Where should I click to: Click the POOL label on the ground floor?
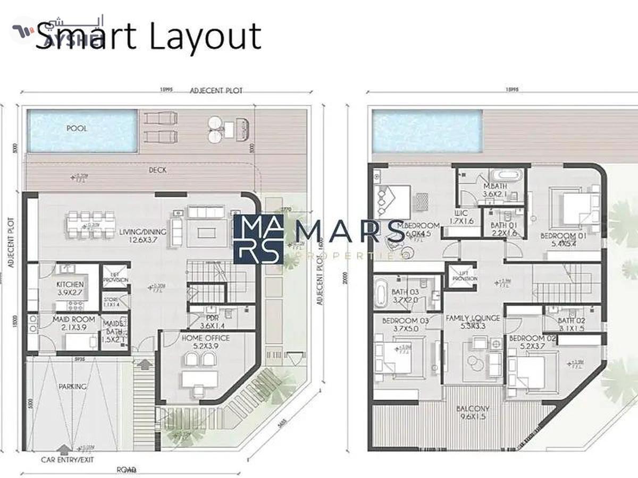pyautogui.click(x=77, y=129)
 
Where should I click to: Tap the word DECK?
pyautogui.click(x=157, y=170)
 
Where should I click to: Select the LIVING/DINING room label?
pyautogui.click(x=142, y=232)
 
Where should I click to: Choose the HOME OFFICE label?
pyautogui.click(x=206, y=338)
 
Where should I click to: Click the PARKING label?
pyautogui.click(x=72, y=387)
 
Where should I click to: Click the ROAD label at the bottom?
pyautogui.click(x=126, y=470)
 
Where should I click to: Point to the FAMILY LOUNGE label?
pyautogui.click(x=473, y=318)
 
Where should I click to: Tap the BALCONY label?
pyautogui.click(x=473, y=409)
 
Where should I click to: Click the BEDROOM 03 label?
pyautogui.click(x=393, y=321)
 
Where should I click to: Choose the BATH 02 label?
pyautogui.click(x=572, y=320)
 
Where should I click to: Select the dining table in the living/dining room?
pyautogui.click(x=91, y=225)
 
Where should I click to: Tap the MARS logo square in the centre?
pyautogui.click(x=258, y=239)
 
